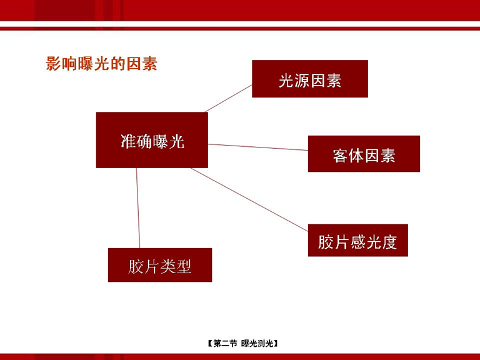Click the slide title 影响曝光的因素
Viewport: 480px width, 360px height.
102,64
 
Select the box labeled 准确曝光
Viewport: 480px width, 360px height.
152,140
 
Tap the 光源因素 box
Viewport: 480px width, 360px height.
310,79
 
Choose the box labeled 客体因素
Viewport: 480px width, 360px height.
364,154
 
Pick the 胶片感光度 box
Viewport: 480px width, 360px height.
358,240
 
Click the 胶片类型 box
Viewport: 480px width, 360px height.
160,265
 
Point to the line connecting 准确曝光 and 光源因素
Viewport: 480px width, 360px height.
228,99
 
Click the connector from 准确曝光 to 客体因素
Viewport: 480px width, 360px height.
258,147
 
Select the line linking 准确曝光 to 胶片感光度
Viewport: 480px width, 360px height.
249,199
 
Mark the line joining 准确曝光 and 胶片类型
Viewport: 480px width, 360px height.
138,208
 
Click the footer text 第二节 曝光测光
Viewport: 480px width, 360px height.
242,344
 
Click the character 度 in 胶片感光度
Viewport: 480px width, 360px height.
389,242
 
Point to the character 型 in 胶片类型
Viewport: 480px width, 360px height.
184,266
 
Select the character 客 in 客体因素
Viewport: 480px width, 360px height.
341,156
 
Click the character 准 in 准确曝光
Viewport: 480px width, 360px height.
128,141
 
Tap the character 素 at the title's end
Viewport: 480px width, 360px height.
150,64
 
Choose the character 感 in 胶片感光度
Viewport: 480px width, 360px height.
358,242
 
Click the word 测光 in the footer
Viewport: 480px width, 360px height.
265,344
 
